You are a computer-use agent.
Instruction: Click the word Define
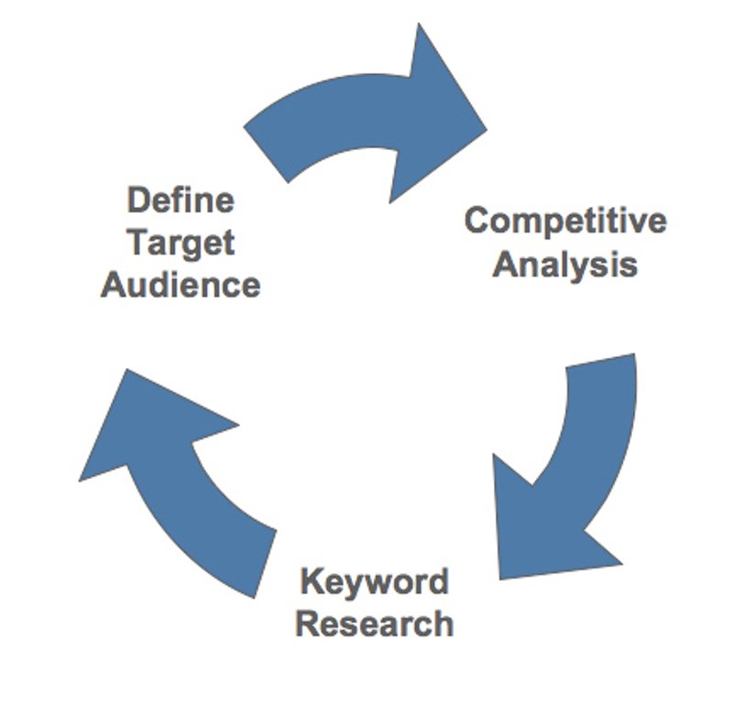point(181,201)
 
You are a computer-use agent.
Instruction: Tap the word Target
point(181,243)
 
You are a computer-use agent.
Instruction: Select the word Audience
point(181,285)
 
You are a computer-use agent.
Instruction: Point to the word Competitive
point(565,222)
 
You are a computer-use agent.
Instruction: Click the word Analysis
point(565,265)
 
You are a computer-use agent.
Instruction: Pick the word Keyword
point(375,581)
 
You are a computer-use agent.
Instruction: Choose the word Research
point(375,624)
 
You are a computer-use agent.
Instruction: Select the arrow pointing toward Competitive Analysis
point(366,119)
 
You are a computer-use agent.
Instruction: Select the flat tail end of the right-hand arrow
point(601,362)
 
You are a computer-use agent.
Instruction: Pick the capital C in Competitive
point(476,222)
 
